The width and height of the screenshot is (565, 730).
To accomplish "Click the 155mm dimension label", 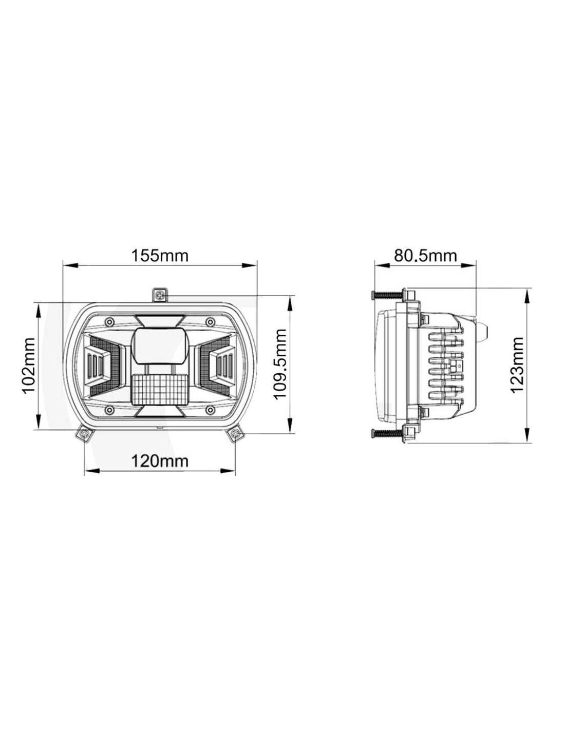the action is point(160,256).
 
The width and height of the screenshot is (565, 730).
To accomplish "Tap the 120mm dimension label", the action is point(160,461).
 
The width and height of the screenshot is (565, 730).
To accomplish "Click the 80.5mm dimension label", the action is point(425,256).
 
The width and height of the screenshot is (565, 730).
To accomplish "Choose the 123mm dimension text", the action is point(517,365).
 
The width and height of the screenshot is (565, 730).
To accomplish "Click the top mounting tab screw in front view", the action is point(160,295).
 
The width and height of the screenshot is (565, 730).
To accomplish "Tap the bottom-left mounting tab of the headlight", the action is point(84,434).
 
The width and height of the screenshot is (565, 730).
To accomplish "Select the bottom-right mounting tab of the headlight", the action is point(235,434).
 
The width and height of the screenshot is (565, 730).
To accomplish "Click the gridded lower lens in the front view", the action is point(159,389).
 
